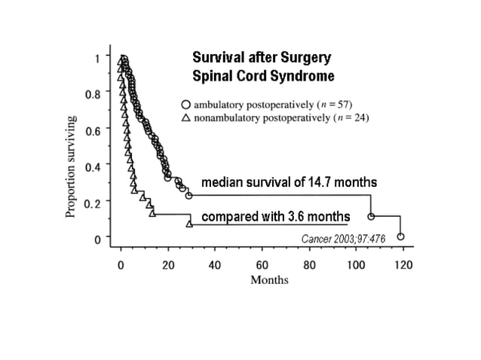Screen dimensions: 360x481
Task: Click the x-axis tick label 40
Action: coord(215,265)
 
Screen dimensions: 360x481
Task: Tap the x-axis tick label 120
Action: coord(403,265)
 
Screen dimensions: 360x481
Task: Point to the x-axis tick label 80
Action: coord(309,265)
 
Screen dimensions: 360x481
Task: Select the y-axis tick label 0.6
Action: coord(93,130)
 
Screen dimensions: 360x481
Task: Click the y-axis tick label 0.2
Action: coord(93,203)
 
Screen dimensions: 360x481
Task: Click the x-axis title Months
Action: coord(270,280)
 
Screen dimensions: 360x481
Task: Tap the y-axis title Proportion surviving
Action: coord(71,166)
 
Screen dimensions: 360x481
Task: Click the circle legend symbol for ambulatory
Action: coord(185,104)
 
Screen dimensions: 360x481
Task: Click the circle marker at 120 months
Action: coord(400,236)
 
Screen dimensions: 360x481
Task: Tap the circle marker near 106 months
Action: coord(371,216)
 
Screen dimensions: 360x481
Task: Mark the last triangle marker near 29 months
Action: coord(189,223)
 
